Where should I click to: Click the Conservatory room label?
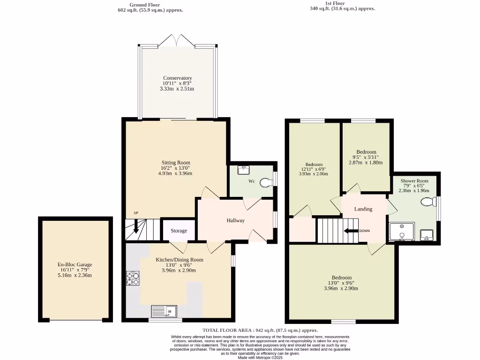(x=177, y=78)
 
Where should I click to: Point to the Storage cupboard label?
(x=179, y=231)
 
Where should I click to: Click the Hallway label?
(x=236, y=221)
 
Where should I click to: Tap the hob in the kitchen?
(x=133, y=278)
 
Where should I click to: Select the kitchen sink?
(x=163, y=311)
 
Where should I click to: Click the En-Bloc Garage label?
(x=75, y=265)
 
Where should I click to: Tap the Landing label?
(x=363, y=209)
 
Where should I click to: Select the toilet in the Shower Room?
(x=428, y=202)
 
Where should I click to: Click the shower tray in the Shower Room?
(x=402, y=232)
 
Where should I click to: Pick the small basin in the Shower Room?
(x=427, y=234)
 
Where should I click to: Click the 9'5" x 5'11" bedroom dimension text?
(x=366, y=157)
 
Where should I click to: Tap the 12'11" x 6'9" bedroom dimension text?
(x=314, y=169)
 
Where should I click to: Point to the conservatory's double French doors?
(x=177, y=41)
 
